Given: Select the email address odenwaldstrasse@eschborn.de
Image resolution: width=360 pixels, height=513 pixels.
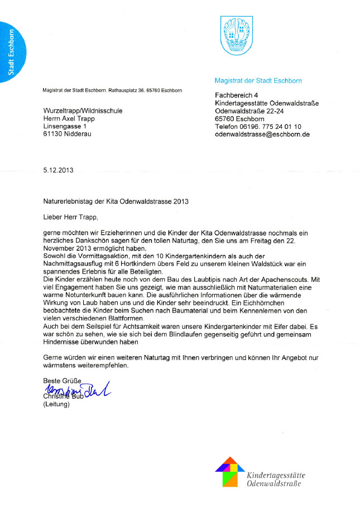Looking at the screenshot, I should tap(262, 135).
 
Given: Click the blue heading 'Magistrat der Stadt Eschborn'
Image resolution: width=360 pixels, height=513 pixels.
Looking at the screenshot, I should tap(258, 80).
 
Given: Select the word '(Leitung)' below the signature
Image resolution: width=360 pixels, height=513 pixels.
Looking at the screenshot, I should tap(56, 405).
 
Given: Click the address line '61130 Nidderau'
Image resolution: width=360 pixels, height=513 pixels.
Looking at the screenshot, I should tap(67, 135).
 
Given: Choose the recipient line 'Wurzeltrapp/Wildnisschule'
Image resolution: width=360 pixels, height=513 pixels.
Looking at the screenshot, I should tap(83, 111).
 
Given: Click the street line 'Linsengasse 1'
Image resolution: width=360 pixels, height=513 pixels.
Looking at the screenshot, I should tap(64, 127).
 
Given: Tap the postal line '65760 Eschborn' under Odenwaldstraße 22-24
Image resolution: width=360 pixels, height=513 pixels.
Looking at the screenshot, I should tap(239, 119).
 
